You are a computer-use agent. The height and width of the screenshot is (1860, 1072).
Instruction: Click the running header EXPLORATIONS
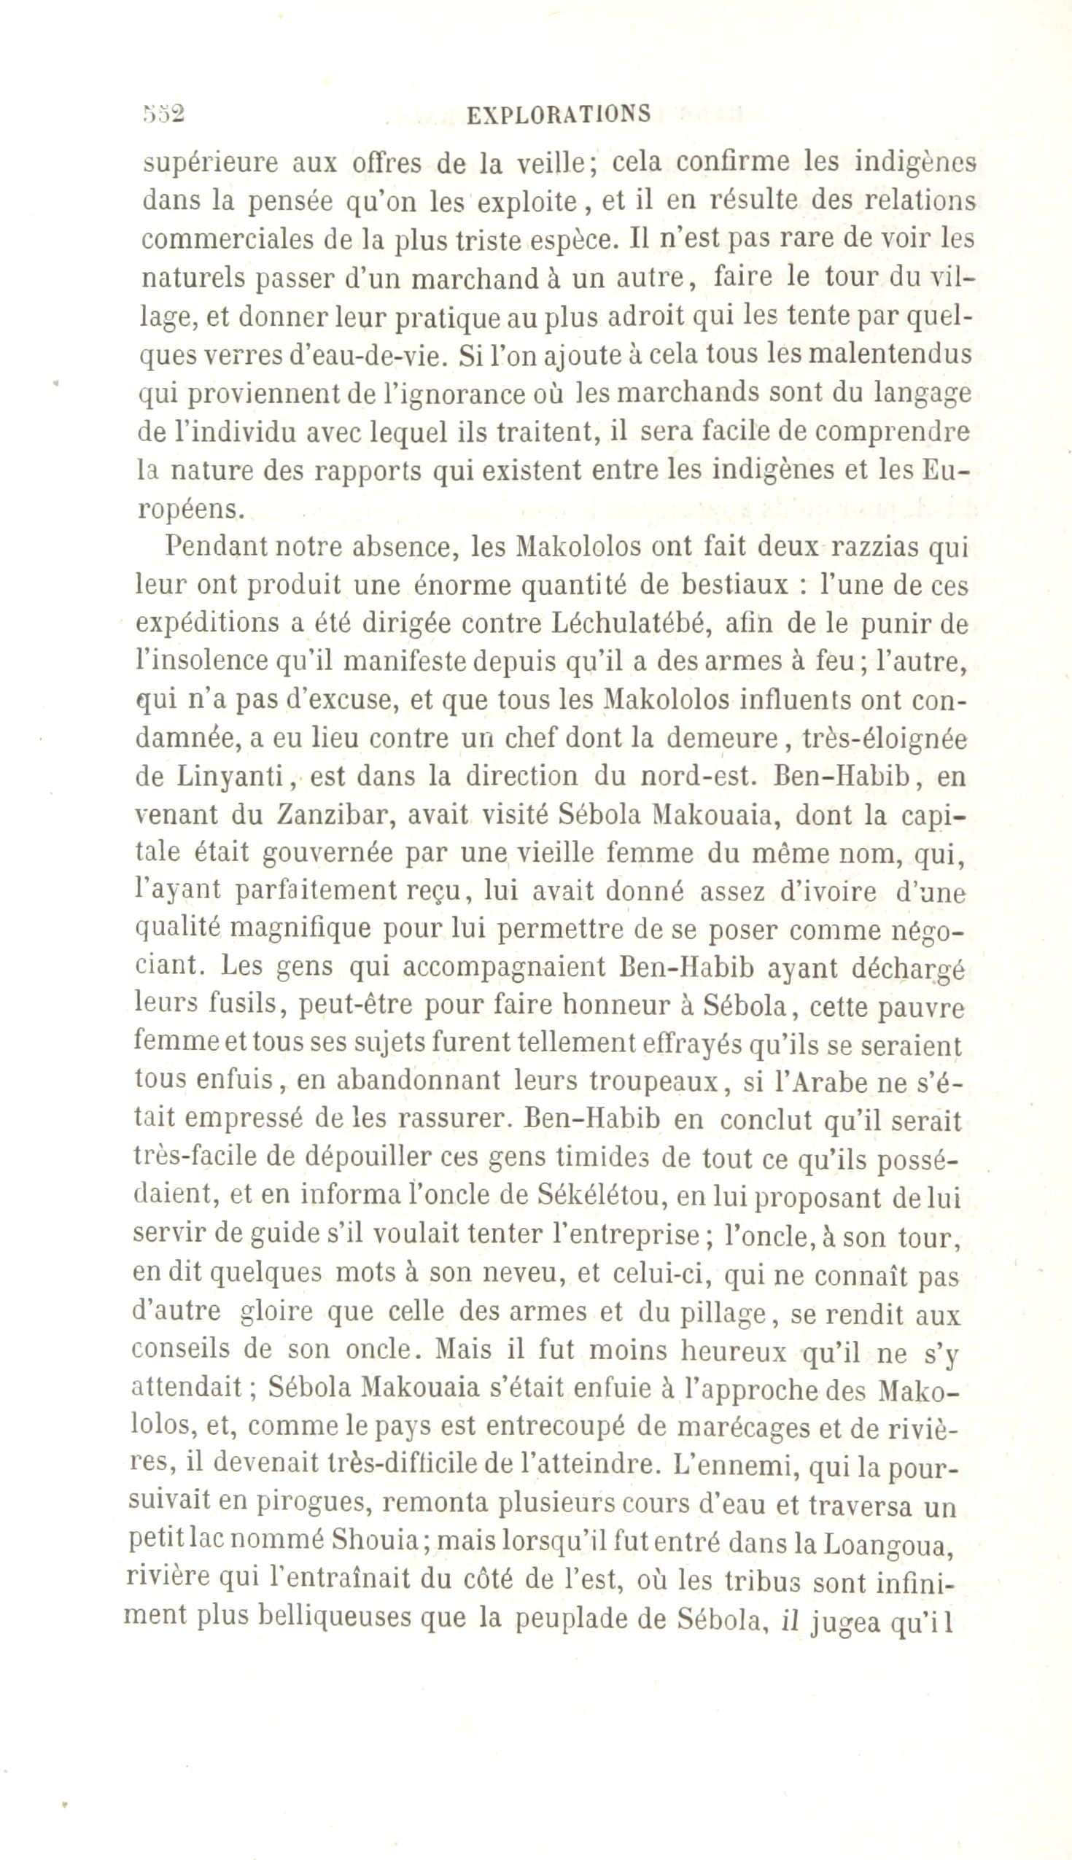coord(559,114)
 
